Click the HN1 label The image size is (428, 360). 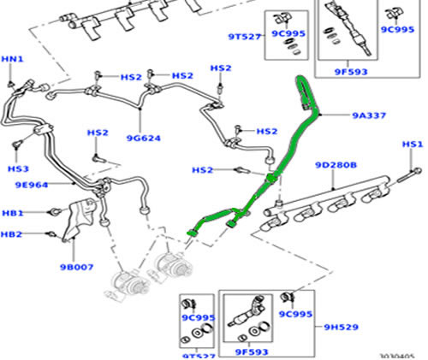[x=12, y=59]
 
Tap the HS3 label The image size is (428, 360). [x=18, y=168]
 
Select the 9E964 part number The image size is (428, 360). [x=32, y=185]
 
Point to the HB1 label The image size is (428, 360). [x=13, y=213]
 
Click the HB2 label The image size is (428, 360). [x=11, y=234]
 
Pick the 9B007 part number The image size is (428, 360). [x=76, y=268]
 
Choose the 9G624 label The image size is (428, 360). [x=144, y=139]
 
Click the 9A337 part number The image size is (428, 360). [x=369, y=115]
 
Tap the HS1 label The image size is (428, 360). [x=413, y=145]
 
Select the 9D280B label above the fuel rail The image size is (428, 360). [x=336, y=165]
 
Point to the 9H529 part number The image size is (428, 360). [x=341, y=327]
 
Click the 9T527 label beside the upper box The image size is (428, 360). [x=245, y=37]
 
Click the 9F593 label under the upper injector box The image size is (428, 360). [x=351, y=72]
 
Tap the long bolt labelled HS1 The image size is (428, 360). [x=408, y=175]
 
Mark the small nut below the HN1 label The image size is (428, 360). [x=11, y=84]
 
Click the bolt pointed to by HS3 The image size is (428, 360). [x=18, y=144]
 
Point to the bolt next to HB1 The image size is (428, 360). [x=56, y=211]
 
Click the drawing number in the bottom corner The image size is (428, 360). [x=397, y=357]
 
